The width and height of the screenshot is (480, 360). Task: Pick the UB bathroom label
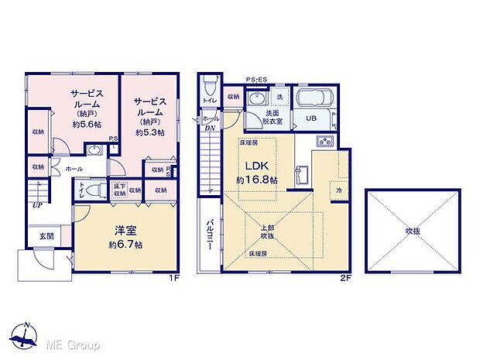click(310, 118)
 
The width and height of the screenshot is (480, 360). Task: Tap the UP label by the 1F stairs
click(37, 205)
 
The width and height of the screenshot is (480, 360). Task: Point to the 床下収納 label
click(119, 190)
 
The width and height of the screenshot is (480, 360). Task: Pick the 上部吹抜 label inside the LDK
click(266, 231)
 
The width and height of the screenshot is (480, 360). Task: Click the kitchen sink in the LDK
click(325, 141)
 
